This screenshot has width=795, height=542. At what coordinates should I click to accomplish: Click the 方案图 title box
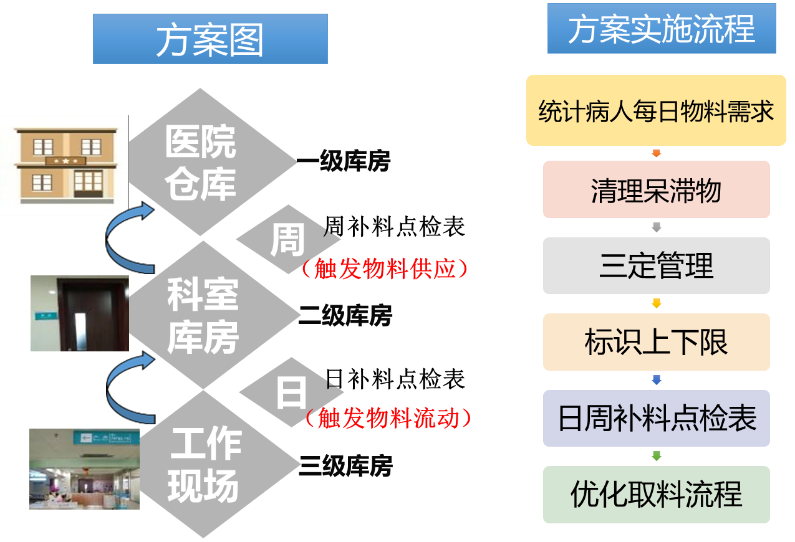[210, 39]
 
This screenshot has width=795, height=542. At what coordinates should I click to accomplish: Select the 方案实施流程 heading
[661, 29]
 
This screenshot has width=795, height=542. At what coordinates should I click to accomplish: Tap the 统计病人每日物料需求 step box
[656, 110]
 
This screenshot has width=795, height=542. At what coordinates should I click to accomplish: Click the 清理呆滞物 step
[656, 189]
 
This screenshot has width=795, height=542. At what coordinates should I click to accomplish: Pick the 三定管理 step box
[656, 265]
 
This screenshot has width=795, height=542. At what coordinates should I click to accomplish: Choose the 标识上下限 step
[656, 342]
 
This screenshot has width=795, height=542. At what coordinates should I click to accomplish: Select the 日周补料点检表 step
[656, 418]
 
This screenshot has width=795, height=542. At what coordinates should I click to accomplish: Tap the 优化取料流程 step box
[656, 494]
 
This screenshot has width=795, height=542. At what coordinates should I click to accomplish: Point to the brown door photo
[79, 313]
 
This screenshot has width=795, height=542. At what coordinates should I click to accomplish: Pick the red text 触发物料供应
[384, 269]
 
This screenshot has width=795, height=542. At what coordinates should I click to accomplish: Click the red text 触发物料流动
[386, 418]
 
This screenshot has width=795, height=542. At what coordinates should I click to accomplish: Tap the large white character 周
[288, 240]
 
